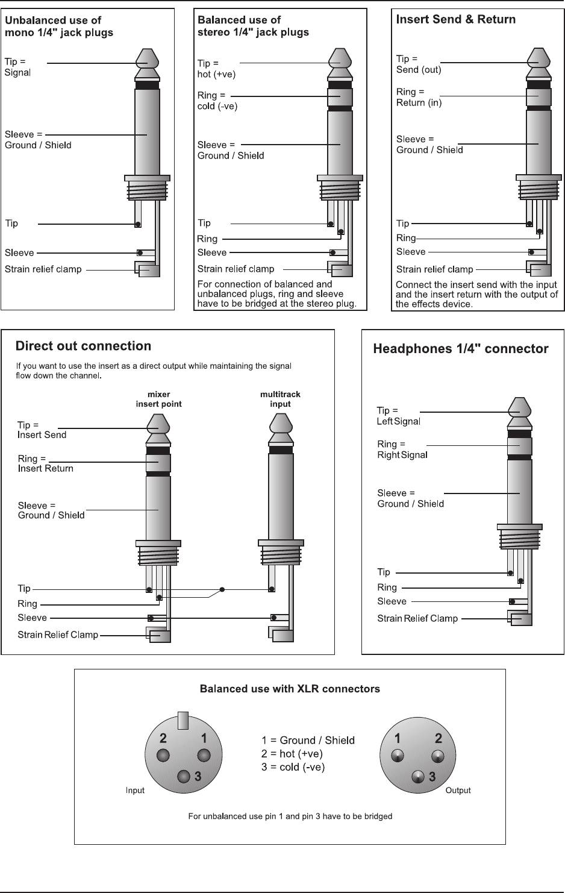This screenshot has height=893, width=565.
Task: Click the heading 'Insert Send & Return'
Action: [455, 19]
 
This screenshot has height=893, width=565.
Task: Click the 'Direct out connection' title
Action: [83, 346]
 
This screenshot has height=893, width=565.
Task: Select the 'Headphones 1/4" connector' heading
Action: [461, 349]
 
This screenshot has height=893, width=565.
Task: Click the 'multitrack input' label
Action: [280, 399]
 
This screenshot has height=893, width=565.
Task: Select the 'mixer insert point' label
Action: [158, 399]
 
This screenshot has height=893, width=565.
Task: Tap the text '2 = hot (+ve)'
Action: [292, 754]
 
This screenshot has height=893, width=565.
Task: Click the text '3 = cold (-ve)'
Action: [293, 767]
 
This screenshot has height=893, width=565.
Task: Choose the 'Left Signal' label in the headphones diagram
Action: [398, 422]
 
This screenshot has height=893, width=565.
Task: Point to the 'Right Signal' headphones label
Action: [402, 455]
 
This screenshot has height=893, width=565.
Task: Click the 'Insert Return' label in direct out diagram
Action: [45, 468]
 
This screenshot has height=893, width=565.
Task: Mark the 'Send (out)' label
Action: [419, 69]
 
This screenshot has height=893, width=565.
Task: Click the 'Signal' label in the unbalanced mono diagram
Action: [17, 73]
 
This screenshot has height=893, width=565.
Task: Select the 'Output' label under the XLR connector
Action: [458, 791]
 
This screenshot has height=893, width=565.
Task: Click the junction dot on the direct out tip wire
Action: [223, 589]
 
